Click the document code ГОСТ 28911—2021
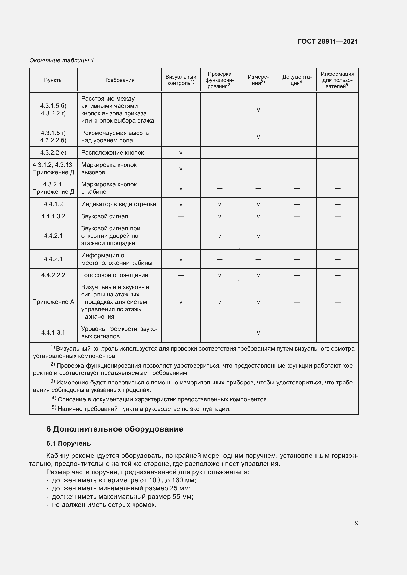click(328, 41)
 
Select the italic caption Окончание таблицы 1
click(62, 60)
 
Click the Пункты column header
click(53, 80)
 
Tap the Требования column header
click(119, 80)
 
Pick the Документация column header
click(297, 80)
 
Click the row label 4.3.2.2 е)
click(53, 152)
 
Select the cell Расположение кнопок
click(112, 152)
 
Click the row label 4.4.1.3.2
click(53, 216)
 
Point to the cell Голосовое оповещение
click(115, 275)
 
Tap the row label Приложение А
click(53, 302)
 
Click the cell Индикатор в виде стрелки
click(119, 204)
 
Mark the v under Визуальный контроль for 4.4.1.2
click(181, 204)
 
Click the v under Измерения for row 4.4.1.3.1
click(258, 333)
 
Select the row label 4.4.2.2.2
click(53, 275)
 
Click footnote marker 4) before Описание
click(54, 398)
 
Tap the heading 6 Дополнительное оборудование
click(115, 429)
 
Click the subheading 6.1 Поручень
click(68, 443)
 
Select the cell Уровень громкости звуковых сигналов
click(119, 333)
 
